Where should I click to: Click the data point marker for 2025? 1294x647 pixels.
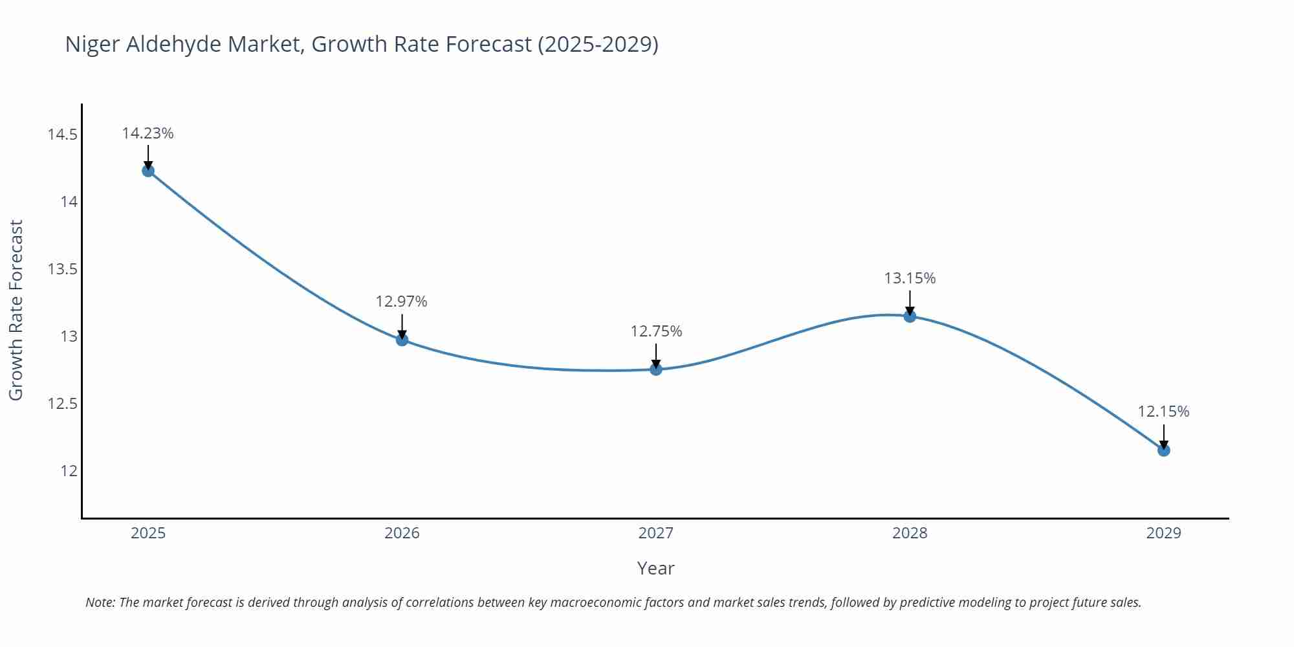[148, 171]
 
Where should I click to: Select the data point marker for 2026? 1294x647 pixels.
[402, 340]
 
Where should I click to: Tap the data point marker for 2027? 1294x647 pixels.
[656, 369]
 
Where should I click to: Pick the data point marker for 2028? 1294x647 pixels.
[910, 316]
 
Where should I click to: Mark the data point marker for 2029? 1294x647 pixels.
[1163, 450]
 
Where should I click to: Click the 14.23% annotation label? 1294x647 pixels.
[148, 133]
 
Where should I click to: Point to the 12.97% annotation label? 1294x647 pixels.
[402, 302]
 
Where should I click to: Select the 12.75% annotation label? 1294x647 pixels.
[656, 331]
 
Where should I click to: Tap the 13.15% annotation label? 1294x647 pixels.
[910, 278]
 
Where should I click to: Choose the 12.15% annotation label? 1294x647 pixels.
[1163, 411]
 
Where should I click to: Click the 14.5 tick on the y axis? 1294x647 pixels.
[62, 135]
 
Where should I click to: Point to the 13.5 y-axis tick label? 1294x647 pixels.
[62, 269]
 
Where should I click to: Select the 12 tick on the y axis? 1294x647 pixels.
[69, 471]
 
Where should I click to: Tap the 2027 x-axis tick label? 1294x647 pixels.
[656, 533]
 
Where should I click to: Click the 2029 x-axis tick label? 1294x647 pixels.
[1163, 533]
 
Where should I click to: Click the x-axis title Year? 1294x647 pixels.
[656, 568]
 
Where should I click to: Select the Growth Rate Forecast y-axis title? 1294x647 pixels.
[16, 310]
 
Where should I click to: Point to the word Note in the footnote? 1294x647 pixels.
[100, 602]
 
